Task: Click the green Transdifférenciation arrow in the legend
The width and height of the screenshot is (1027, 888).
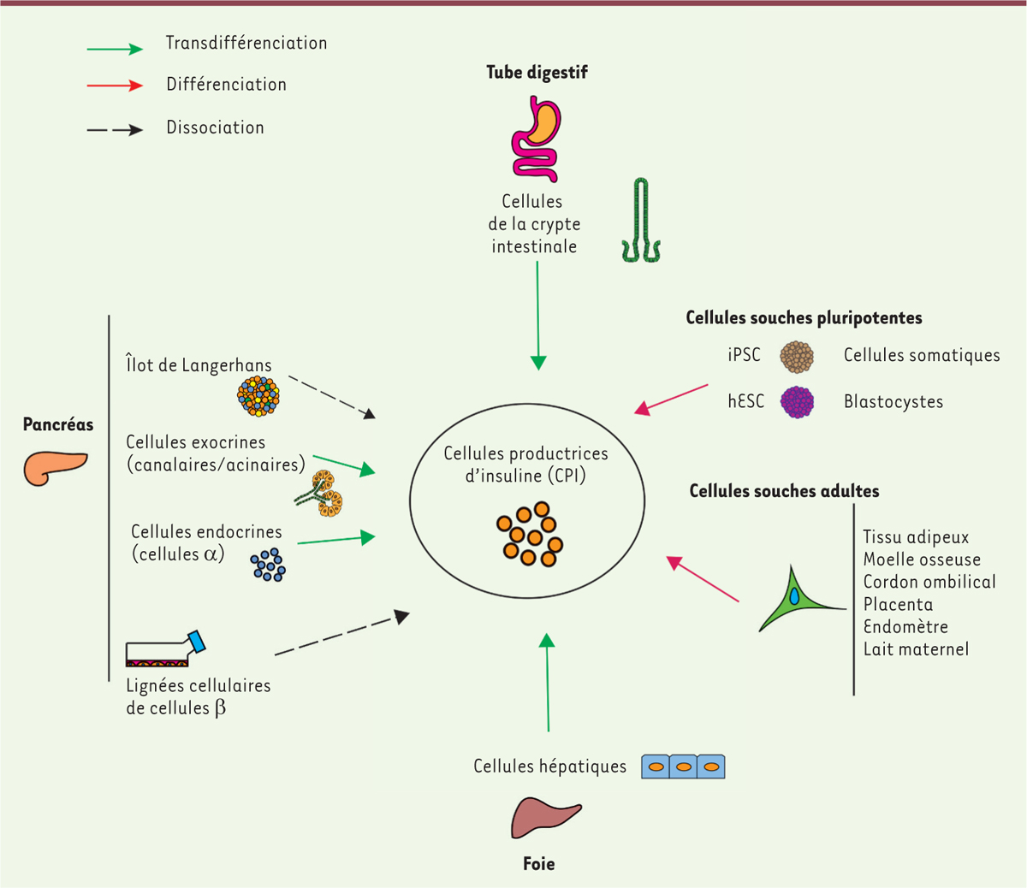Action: pos(115,49)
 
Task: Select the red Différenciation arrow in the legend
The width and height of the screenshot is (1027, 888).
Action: pos(115,86)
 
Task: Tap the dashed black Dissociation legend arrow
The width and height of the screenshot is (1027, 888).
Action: pos(115,130)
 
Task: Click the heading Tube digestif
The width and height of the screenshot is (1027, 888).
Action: pos(537,73)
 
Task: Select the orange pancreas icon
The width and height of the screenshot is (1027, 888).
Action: pos(54,466)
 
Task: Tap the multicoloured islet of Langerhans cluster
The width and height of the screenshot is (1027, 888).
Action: pos(258,396)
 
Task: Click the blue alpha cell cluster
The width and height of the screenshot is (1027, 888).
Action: pos(268,565)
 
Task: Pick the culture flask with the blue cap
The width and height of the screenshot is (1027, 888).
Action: pos(165,649)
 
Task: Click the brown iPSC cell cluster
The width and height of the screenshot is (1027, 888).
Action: pos(797,357)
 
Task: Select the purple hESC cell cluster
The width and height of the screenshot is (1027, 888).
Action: pos(797,402)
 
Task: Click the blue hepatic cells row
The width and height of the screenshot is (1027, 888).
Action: pos(683,767)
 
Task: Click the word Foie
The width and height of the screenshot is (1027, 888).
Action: pos(538,864)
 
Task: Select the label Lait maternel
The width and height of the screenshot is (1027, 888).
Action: pos(916,649)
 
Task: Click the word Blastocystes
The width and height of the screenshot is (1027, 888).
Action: pos(893,402)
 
